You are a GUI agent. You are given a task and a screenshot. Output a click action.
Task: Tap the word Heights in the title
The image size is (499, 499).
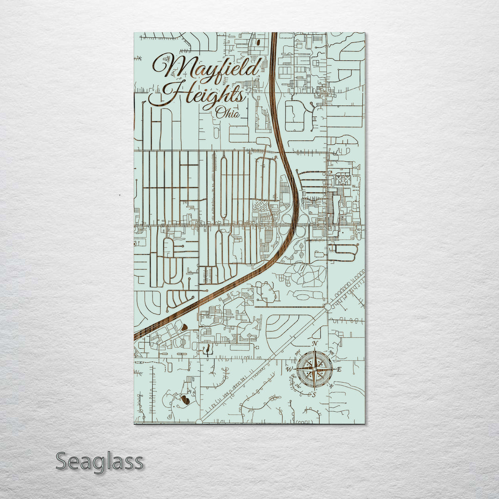pos(199,95)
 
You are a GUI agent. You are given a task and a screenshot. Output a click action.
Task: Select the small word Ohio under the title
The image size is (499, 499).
pos(227,112)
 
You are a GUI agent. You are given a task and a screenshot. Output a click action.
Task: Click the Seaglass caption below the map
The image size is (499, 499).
pos(99,461)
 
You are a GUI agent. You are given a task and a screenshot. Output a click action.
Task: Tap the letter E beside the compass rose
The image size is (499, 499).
pos(339,369)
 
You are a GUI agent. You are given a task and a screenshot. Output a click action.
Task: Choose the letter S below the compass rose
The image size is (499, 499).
pos(313,395)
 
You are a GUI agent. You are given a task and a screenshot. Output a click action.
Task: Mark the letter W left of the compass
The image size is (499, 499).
pos(289,369)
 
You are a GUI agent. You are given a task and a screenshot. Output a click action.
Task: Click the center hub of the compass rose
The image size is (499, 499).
pos(314,369)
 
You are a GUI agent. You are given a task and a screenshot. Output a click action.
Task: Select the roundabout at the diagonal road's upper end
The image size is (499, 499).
pos(327,307)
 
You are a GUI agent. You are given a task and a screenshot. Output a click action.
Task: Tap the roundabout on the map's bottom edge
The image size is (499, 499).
pos(199,421)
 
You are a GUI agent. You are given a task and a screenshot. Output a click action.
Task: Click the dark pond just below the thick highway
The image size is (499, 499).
pos(184,327)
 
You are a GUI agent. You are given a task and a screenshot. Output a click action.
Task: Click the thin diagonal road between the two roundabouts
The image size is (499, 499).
pos(263,364)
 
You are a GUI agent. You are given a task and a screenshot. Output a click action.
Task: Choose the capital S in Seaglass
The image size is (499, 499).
pos(63,461)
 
